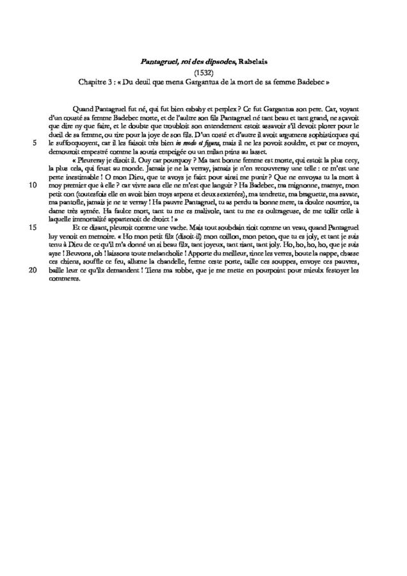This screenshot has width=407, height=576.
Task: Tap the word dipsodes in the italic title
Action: click(200, 61)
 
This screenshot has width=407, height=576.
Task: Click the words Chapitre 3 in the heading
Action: click(96, 83)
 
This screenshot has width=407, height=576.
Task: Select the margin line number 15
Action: click(32, 227)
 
